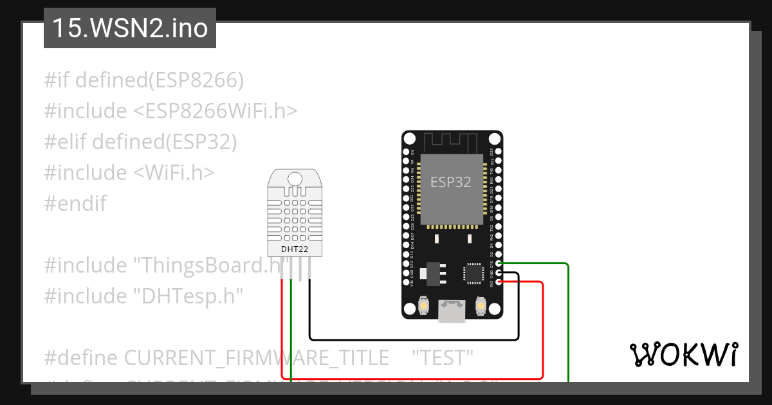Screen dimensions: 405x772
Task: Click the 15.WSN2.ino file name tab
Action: pos(130,29)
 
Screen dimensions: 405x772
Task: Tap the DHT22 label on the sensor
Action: pos(295,249)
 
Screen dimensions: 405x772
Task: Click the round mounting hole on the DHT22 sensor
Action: pos(295,179)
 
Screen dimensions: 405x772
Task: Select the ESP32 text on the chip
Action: pos(450,182)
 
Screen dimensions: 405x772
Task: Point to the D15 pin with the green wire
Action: pos(499,264)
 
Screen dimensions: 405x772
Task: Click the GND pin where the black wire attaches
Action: pos(499,273)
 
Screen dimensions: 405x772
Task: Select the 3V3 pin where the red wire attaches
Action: pos(499,282)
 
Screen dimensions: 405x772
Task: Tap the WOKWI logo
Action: pos(683,354)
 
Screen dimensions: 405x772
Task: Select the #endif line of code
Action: pos(75,204)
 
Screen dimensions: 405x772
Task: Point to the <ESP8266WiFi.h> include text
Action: pos(216,111)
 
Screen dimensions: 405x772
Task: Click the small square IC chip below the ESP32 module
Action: pos(473,273)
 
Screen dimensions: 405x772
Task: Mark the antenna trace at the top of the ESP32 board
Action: pos(451,140)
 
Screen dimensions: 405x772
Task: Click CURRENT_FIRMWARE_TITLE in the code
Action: pos(255,357)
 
